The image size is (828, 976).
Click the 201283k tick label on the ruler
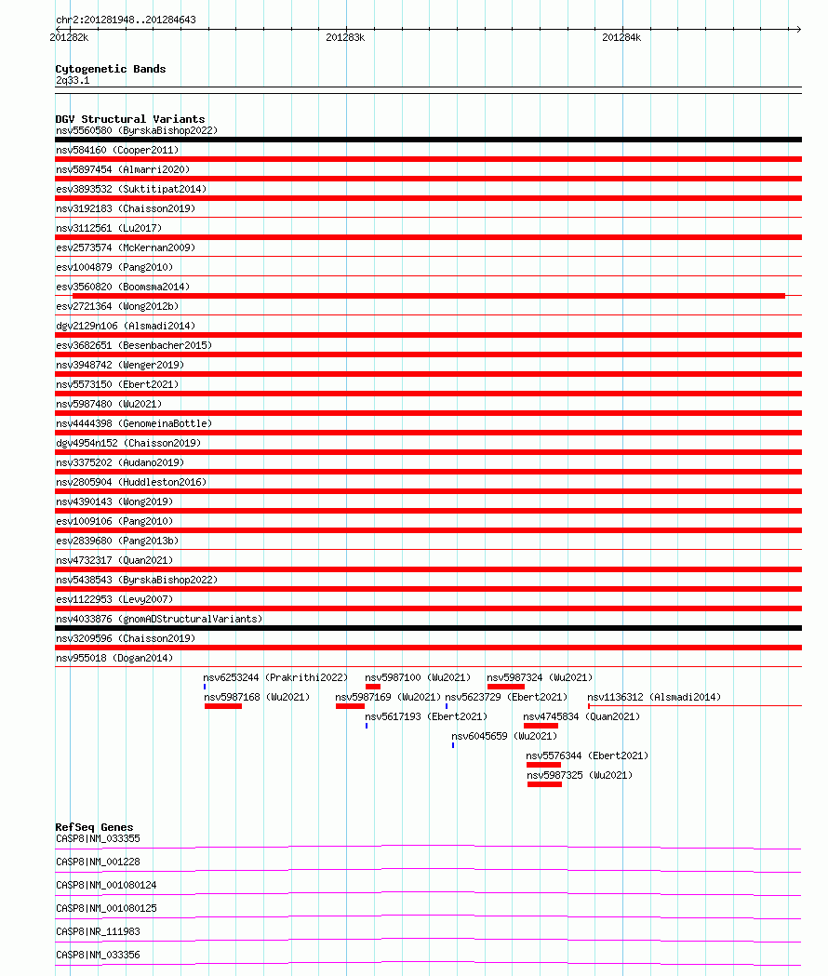click(x=345, y=37)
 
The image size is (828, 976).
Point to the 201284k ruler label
click(x=621, y=37)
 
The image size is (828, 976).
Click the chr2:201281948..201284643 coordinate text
click(x=126, y=20)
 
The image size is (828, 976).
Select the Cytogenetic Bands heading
click(x=110, y=69)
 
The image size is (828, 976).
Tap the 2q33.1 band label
click(x=73, y=81)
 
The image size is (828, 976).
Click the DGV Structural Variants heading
click(x=129, y=119)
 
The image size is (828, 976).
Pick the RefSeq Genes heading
click(x=94, y=827)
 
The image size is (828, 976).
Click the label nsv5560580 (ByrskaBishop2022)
click(x=136, y=130)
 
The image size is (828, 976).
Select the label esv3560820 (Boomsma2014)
click(x=123, y=287)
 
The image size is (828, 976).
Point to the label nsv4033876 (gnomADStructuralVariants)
click(x=159, y=619)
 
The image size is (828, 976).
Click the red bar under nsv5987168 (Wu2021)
click(x=223, y=706)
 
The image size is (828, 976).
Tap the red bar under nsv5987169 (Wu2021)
click(x=350, y=706)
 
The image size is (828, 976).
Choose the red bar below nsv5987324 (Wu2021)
click(x=505, y=687)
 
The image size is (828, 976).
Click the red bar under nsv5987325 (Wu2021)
click(x=544, y=784)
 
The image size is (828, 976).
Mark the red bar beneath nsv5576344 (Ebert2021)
click(x=543, y=765)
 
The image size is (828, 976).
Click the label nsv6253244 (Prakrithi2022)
click(x=275, y=677)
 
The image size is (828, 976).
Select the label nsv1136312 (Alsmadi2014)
click(x=653, y=697)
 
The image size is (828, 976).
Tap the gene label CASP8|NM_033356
click(x=98, y=955)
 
